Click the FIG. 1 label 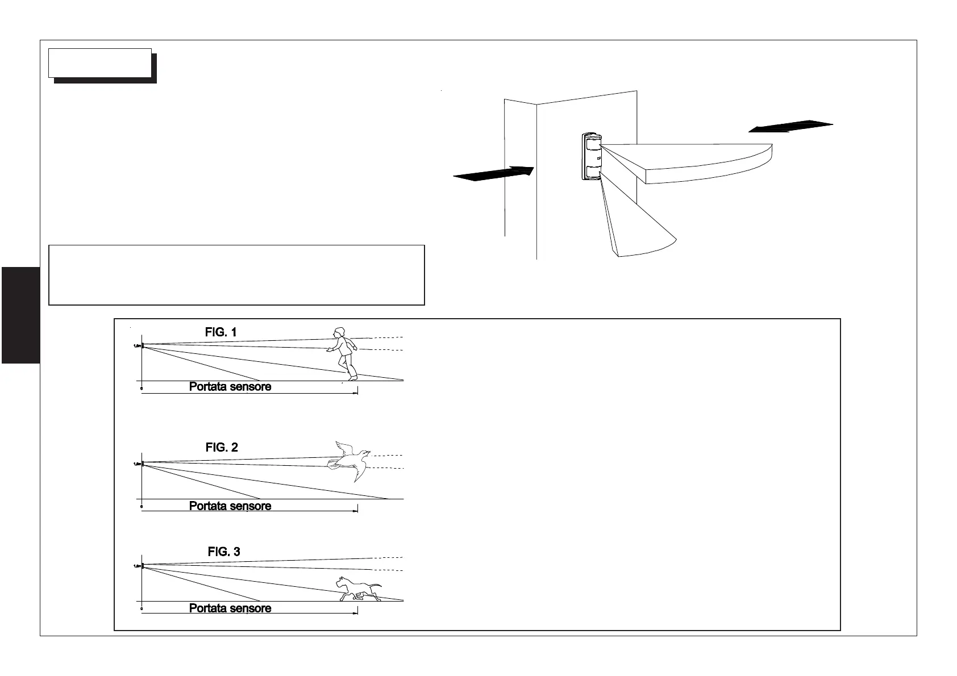point(220,332)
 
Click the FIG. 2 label point(222,448)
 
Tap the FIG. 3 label point(224,552)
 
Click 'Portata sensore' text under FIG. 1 point(230,387)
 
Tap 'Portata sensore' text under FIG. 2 point(230,506)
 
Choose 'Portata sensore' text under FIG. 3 point(230,608)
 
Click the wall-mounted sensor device point(591,156)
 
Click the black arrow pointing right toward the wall point(493,173)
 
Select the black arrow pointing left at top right point(790,126)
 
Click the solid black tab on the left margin point(20,315)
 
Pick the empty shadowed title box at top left point(100,63)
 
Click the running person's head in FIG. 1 point(339,332)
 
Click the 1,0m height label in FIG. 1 point(137,345)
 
